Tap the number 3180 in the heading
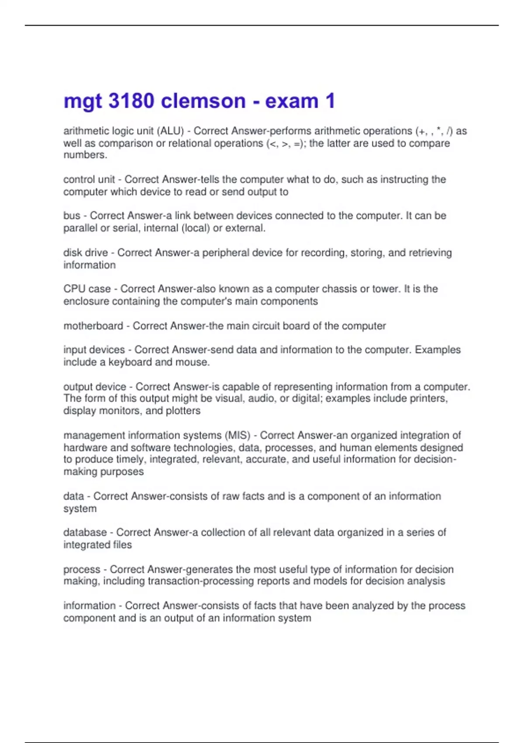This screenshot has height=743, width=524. (131, 101)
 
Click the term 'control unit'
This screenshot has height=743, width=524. (89, 180)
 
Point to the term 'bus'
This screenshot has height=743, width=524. (72, 216)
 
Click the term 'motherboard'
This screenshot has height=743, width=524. (93, 326)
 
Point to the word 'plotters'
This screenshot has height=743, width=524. (183, 411)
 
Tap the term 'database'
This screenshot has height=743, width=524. (85, 532)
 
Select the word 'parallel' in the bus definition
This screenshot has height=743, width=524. (79, 228)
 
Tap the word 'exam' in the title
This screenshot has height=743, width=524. (292, 101)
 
